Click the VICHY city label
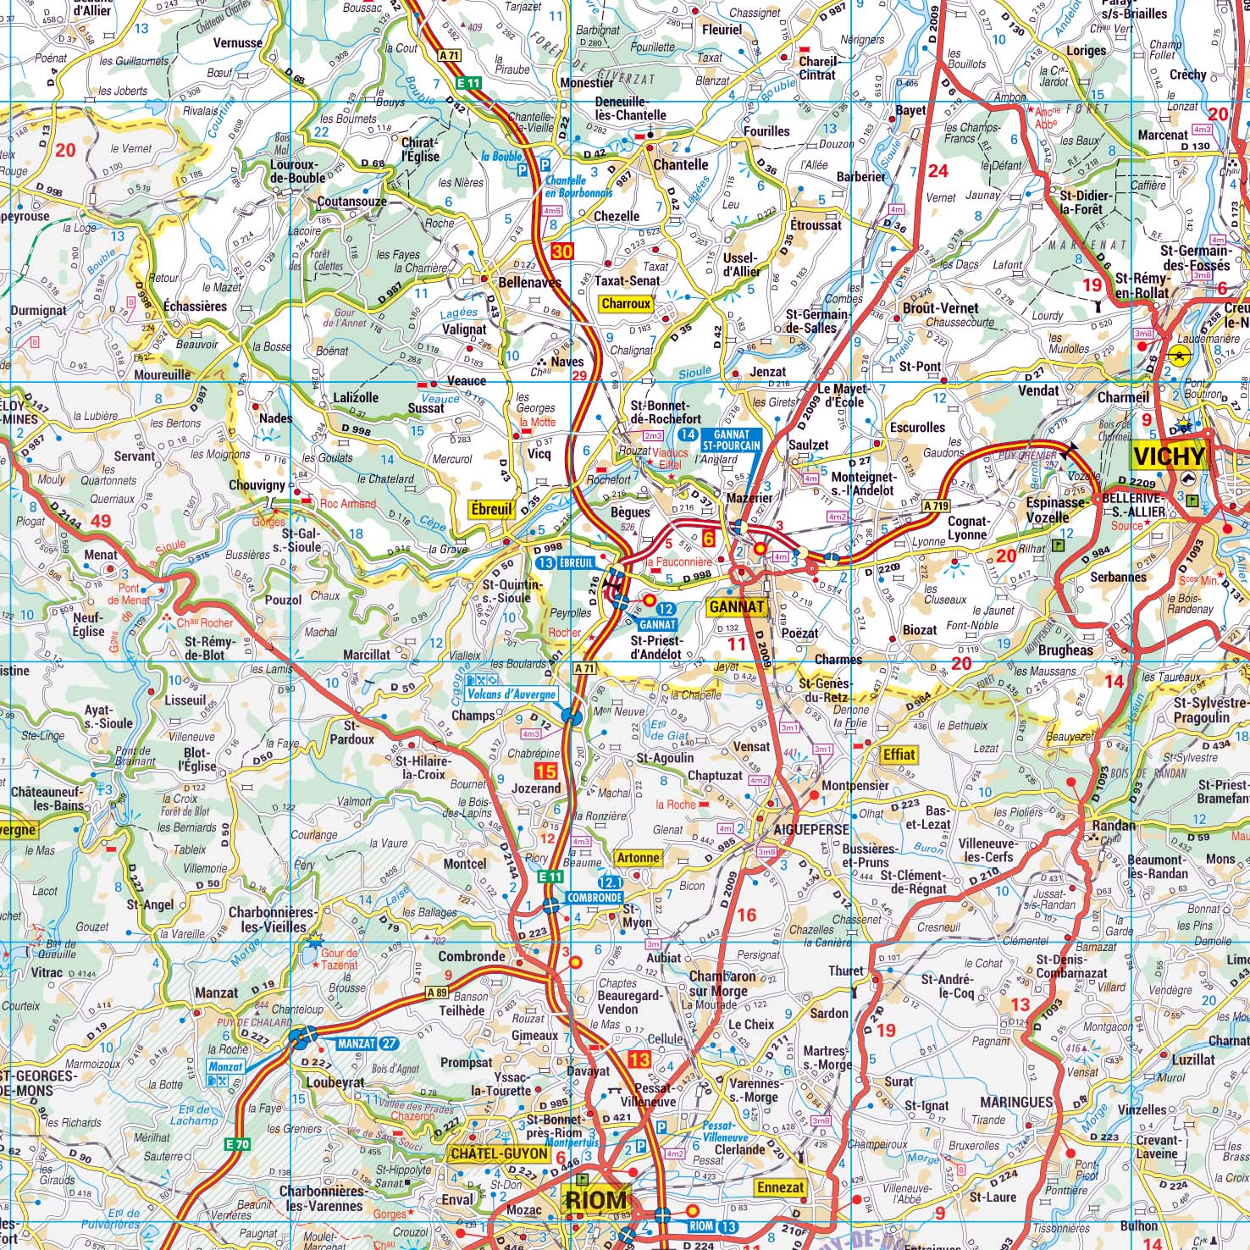[x=1168, y=456]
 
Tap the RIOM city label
[x=595, y=1200]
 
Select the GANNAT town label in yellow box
[x=737, y=606]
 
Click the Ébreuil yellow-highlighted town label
[x=492, y=509]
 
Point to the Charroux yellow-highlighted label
[x=626, y=303]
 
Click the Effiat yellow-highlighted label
[x=899, y=755]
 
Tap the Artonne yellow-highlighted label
[x=637, y=858]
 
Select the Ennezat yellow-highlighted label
[x=780, y=1187]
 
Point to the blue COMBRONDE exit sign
[x=595, y=897]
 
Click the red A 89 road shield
[x=436, y=993]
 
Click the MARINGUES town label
[x=1016, y=1102]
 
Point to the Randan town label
[x=1114, y=825]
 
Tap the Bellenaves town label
[x=529, y=283]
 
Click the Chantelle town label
[x=680, y=164]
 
